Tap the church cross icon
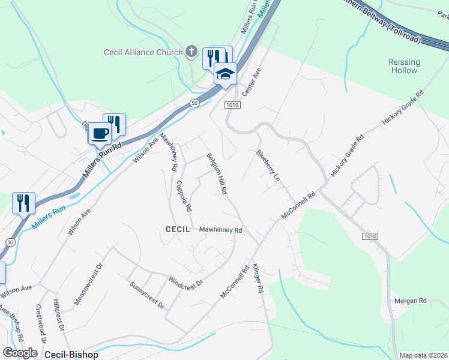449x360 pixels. tap(191, 52)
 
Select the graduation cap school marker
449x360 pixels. tap(225, 74)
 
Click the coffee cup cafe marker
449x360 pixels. tap(100, 133)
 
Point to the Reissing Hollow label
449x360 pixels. tap(404, 66)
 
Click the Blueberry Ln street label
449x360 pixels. tap(268, 165)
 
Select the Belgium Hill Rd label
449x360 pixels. tap(216, 173)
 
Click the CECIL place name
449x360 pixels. tap(178, 229)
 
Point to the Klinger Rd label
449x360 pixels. tap(259, 279)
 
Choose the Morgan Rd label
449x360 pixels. tap(410, 301)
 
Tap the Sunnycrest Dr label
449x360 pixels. tap(147, 295)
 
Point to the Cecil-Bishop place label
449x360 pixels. tap(70, 355)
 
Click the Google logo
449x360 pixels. tap(19, 353)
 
